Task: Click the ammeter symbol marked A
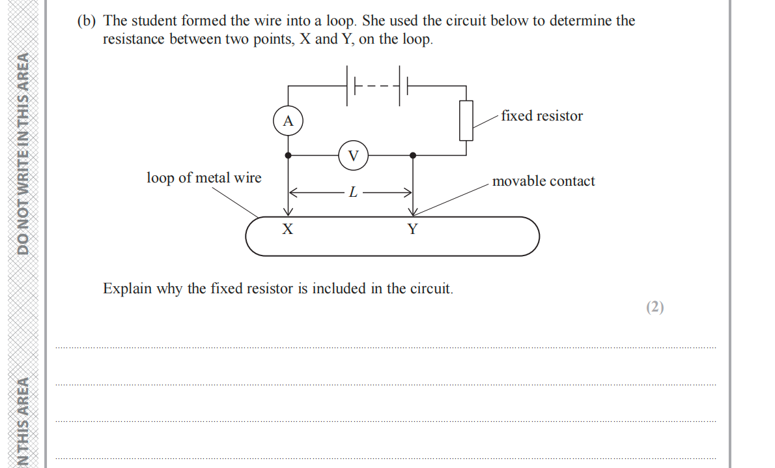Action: [289, 121]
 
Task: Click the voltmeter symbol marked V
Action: [354, 155]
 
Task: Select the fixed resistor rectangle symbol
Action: [466, 121]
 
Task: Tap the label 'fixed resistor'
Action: [542, 116]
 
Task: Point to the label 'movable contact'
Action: [543, 181]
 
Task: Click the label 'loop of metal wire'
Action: [204, 177]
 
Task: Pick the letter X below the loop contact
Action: [287, 229]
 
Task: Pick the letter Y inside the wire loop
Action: [412, 229]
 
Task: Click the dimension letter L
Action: [352, 192]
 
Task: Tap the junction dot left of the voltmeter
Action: [289, 155]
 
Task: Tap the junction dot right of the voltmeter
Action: [413, 155]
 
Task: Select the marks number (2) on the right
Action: [655, 308]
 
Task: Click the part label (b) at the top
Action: [86, 21]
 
